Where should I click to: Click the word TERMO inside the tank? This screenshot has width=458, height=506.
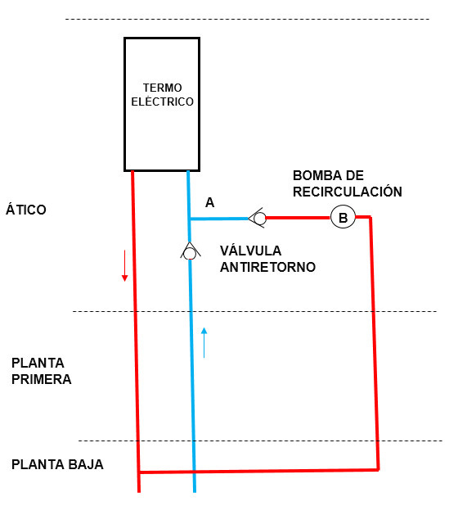click(x=163, y=88)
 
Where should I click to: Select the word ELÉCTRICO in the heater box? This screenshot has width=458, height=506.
click(x=163, y=102)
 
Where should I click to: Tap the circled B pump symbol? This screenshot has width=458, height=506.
click(x=343, y=217)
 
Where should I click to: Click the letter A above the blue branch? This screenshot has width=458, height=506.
click(x=210, y=203)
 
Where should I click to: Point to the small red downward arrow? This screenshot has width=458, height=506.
click(x=125, y=265)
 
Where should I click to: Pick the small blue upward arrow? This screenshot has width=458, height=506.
click(x=204, y=343)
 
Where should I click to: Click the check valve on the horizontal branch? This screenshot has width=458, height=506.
click(x=258, y=218)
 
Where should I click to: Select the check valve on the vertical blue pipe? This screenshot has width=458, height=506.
click(x=191, y=251)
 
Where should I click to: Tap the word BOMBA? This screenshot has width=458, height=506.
click(x=318, y=175)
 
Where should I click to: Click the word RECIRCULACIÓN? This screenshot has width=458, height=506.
click(x=348, y=192)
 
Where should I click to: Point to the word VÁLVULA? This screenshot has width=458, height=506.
click(x=251, y=251)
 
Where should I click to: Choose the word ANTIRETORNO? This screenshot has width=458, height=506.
click(x=267, y=267)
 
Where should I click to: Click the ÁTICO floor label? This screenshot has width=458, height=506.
click(x=26, y=209)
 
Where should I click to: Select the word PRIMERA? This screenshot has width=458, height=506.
click(x=41, y=379)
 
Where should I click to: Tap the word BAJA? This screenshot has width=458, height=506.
click(x=87, y=464)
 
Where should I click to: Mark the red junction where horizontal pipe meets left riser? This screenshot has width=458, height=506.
click(x=139, y=472)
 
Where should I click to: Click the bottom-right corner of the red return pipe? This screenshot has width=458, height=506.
click(x=378, y=469)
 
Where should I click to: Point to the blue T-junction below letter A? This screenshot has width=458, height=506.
click(x=189, y=219)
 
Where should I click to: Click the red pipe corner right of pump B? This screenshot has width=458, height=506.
click(x=370, y=217)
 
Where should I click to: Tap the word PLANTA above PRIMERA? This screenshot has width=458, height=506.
click(x=38, y=363)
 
